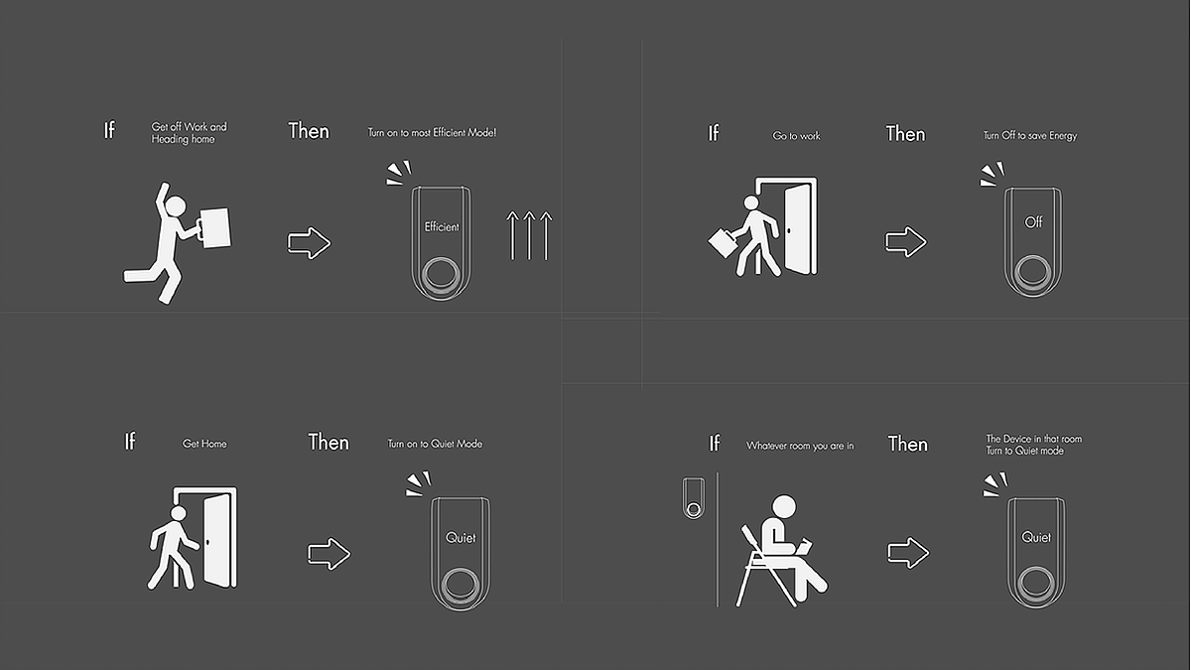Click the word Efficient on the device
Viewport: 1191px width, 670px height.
click(x=442, y=227)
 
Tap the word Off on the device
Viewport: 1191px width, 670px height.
click(x=1033, y=222)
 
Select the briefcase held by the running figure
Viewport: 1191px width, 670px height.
click(x=216, y=227)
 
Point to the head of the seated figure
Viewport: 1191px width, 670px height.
click(x=784, y=507)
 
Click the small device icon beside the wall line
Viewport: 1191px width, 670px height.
click(x=694, y=498)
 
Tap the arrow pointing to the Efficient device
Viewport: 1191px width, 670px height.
click(x=309, y=243)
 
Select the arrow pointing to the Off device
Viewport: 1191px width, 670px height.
click(x=906, y=242)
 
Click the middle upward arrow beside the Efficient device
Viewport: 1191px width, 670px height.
click(x=529, y=235)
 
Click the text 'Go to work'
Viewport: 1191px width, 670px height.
click(x=796, y=136)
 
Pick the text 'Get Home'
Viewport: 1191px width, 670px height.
click(x=204, y=444)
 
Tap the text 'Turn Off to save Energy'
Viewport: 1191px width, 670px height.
click(x=1030, y=136)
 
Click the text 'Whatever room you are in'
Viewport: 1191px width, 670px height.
click(x=800, y=446)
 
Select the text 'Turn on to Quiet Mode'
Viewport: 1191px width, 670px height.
click(x=435, y=444)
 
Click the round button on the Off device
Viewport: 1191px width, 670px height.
click(x=1032, y=272)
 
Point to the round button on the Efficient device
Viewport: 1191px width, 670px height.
click(x=441, y=275)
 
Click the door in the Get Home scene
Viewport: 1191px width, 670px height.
click(x=217, y=541)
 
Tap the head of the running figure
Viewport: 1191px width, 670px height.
click(x=176, y=205)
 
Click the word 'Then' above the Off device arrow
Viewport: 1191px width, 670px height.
click(x=905, y=133)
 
